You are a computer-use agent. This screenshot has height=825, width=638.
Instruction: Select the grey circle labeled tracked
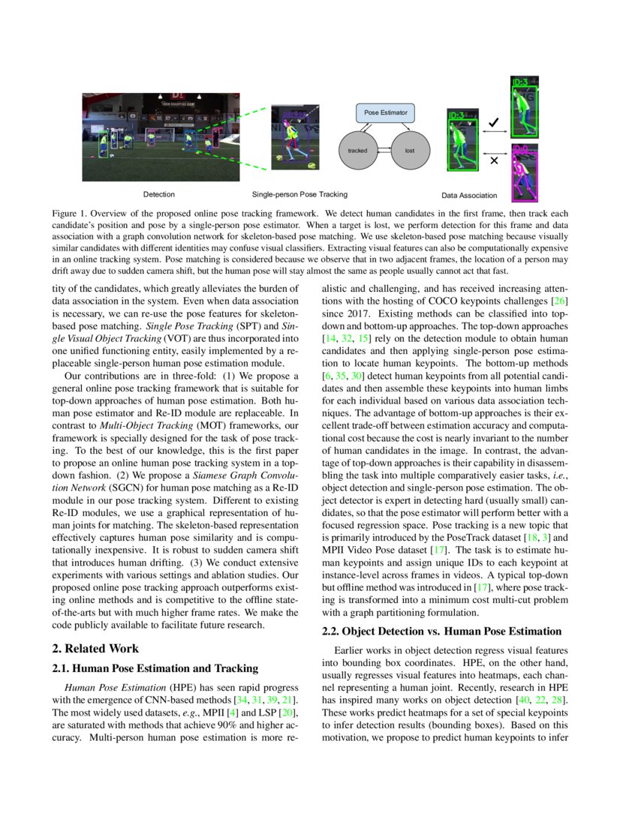tap(358, 150)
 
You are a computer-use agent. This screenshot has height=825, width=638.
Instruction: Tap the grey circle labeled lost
tap(409, 150)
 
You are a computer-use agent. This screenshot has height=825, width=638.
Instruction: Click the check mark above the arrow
tap(493, 121)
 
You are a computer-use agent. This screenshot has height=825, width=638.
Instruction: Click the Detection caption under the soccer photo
tap(158, 194)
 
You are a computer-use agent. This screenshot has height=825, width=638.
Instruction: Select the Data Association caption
tap(469, 195)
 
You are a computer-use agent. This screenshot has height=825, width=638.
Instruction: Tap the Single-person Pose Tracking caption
tap(299, 194)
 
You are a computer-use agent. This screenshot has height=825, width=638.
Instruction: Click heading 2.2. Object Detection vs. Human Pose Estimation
tap(441, 631)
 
